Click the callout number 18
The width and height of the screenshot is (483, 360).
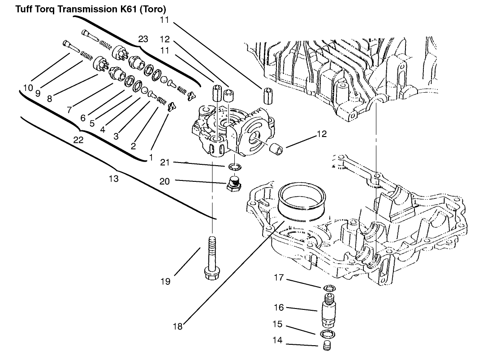tap(177, 326)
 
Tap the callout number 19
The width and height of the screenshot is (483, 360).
tap(165, 281)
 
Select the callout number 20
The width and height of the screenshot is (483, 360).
tap(165, 181)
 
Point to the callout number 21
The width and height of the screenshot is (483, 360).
tap(165, 162)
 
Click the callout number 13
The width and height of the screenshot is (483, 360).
tap(114, 179)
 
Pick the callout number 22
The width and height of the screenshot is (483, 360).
tap(78, 140)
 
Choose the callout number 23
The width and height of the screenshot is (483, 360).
tap(143, 39)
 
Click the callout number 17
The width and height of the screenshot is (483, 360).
tap(279, 278)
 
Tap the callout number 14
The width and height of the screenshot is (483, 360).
tap(277, 340)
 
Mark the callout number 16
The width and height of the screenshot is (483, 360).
tap(279, 308)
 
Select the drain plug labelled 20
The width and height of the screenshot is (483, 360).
tap(233, 184)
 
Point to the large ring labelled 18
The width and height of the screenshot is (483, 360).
tap(301, 201)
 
